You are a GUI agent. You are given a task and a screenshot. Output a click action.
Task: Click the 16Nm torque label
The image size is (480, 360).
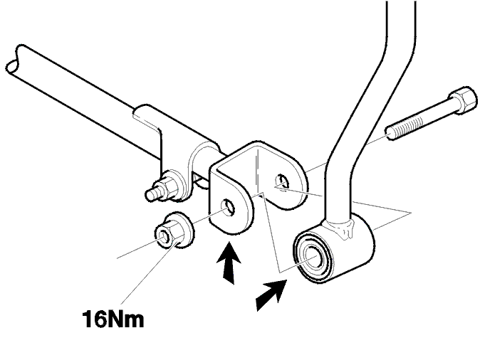(113, 319)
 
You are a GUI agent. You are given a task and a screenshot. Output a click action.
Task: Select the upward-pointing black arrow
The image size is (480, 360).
(229, 263)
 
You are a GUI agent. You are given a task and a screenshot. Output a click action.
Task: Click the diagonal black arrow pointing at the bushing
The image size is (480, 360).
(271, 295)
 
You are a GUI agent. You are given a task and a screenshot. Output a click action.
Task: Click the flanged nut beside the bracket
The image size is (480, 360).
(174, 231)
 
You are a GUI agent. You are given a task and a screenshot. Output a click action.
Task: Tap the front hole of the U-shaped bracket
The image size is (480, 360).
(229, 207)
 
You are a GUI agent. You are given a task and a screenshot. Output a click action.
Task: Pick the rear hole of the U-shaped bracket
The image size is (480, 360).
(281, 181)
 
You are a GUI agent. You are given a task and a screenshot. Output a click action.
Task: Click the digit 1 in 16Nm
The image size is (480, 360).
(89, 319)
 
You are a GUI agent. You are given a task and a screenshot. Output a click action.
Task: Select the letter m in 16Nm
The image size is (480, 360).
(133, 321)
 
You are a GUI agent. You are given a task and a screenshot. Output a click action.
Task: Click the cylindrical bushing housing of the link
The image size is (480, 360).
(334, 249)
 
